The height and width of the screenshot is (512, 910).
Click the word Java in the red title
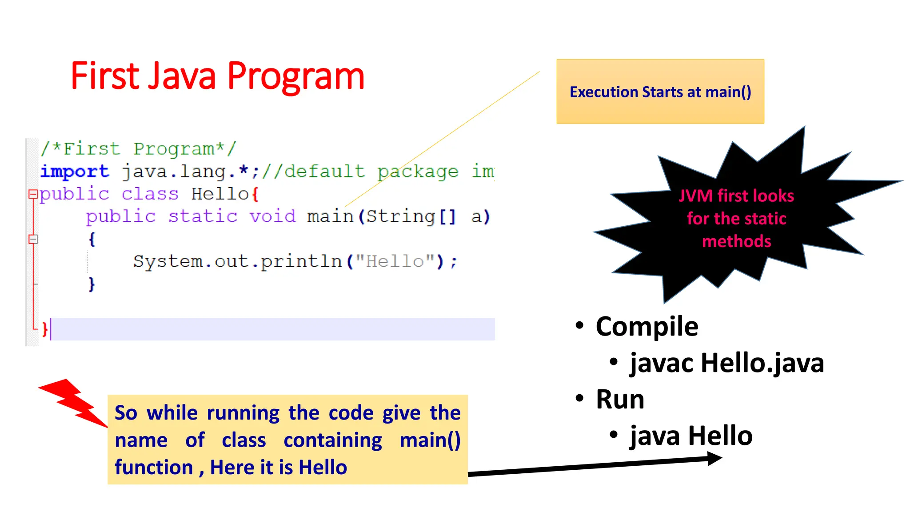pyautogui.click(x=182, y=76)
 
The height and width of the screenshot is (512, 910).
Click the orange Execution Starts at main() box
pyautogui.click(x=660, y=92)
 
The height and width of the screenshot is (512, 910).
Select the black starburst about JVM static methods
pyautogui.click(x=736, y=218)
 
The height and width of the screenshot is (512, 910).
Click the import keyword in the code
pyautogui.click(x=74, y=172)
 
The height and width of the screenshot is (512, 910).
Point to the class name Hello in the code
pyautogui.click(x=220, y=194)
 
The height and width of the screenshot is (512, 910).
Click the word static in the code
pyautogui.click(x=203, y=216)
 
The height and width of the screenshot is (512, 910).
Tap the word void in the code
pyautogui.click(x=272, y=216)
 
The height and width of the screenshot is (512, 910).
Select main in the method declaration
pyautogui.click(x=330, y=216)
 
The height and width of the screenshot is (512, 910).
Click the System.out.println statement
pyautogui.click(x=295, y=261)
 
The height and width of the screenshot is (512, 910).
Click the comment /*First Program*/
pyautogui.click(x=138, y=149)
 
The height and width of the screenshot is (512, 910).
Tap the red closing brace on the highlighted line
pyautogui.click(x=44, y=329)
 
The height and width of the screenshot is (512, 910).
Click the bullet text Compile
pyautogui.click(x=647, y=327)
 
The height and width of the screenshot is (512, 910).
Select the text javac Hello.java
pyautogui.click(x=726, y=363)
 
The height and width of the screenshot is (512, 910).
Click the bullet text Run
pyautogui.click(x=620, y=399)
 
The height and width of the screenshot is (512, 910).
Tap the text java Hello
pyautogui.click(x=691, y=436)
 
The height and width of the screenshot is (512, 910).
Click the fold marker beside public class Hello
pyautogui.click(x=33, y=194)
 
